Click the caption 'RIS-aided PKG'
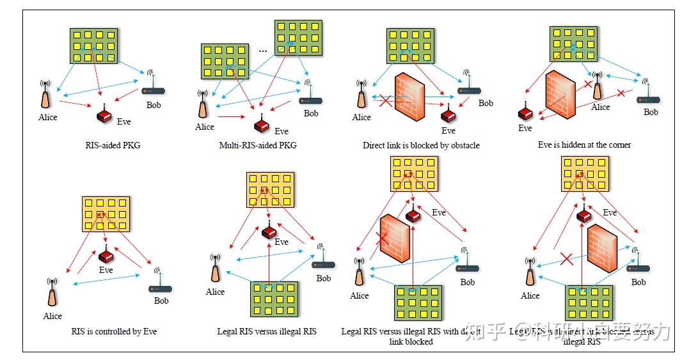(113, 145)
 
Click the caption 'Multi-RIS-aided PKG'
(258, 145)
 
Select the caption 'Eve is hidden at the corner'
(584, 145)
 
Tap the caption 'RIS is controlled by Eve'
(114, 331)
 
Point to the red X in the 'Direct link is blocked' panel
(385, 100)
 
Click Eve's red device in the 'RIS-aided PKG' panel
(104, 115)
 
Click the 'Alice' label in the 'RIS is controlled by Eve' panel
(52, 316)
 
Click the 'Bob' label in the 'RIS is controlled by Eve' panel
(161, 301)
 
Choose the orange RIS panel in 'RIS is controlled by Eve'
(106, 214)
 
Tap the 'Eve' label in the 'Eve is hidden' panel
(525, 128)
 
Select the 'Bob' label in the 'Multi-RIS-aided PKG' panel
(311, 114)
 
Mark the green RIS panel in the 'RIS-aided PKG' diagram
(94, 45)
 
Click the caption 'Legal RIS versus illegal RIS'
(267, 331)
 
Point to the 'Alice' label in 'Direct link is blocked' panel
(361, 117)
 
